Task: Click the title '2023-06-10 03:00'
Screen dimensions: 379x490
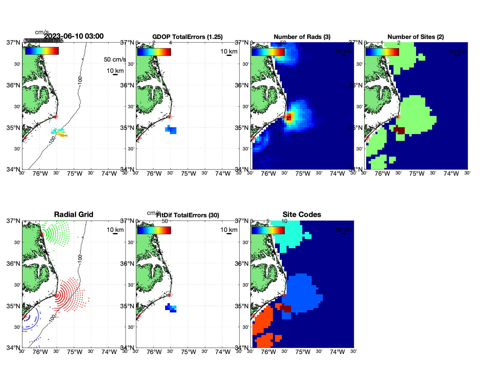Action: tap(74, 36)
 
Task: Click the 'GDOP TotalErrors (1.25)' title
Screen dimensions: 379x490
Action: tap(187, 37)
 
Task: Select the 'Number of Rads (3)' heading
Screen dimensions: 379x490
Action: tap(302, 37)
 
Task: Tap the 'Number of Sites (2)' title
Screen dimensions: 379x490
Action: tap(415, 37)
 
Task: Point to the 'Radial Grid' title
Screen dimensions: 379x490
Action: tap(74, 215)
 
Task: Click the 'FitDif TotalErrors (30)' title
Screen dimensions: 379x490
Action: tap(188, 215)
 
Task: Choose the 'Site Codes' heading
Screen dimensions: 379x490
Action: tap(302, 215)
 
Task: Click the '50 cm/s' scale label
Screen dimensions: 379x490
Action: tap(115, 59)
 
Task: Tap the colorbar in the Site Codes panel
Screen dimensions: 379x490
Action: tap(268, 230)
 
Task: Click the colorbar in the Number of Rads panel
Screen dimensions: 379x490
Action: tap(268, 52)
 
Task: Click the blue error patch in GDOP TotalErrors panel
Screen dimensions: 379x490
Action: tap(171, 130)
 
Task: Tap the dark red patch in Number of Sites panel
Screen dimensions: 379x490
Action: tap(399, 130)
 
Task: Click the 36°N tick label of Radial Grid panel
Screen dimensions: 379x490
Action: tap(14, 264)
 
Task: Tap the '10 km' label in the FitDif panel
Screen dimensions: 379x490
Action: tap(229, 230)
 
